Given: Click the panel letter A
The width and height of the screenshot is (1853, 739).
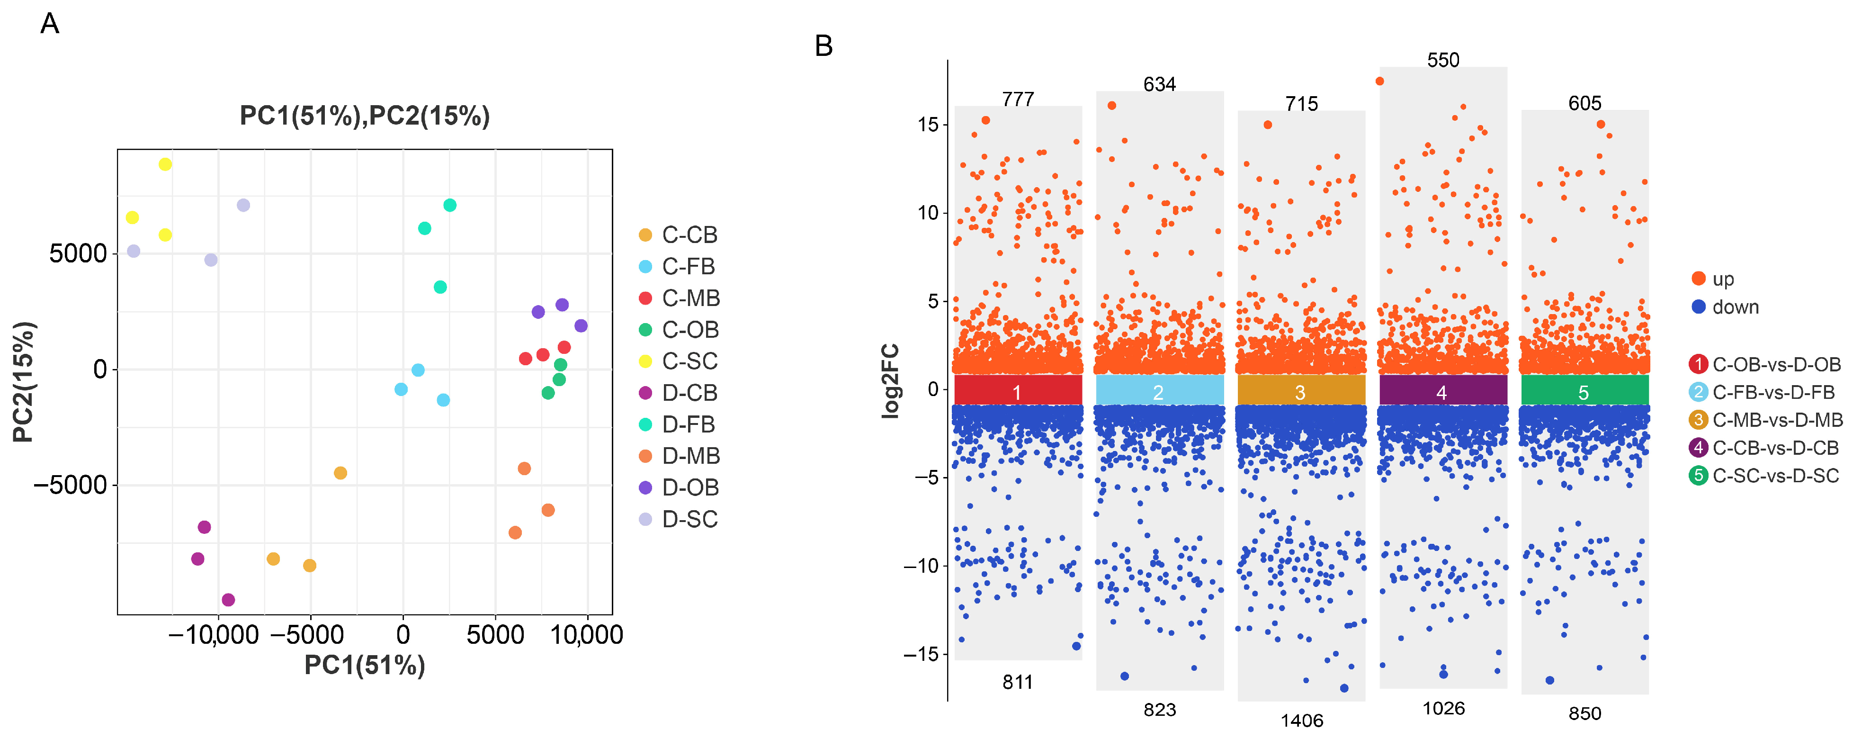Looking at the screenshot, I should (x=50, y=24).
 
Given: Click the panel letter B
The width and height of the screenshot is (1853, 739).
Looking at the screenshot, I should (x=824, y=46).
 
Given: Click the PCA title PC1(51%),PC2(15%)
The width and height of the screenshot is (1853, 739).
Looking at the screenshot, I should (x=365, y=115).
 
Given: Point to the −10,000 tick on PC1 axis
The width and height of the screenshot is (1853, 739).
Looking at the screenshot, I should (x=213, y=635).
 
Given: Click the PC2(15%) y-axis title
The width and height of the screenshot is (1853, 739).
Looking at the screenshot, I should (x=23, y=381).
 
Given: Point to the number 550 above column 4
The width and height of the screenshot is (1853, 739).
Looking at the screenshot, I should (x=1443, y=60).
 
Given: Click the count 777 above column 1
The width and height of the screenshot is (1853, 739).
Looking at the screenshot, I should (x=1018, y=99).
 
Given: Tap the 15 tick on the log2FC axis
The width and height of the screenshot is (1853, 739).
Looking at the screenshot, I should (x=928, y=125).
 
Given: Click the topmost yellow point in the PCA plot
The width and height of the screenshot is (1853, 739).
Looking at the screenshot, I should (x=165, y=164).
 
